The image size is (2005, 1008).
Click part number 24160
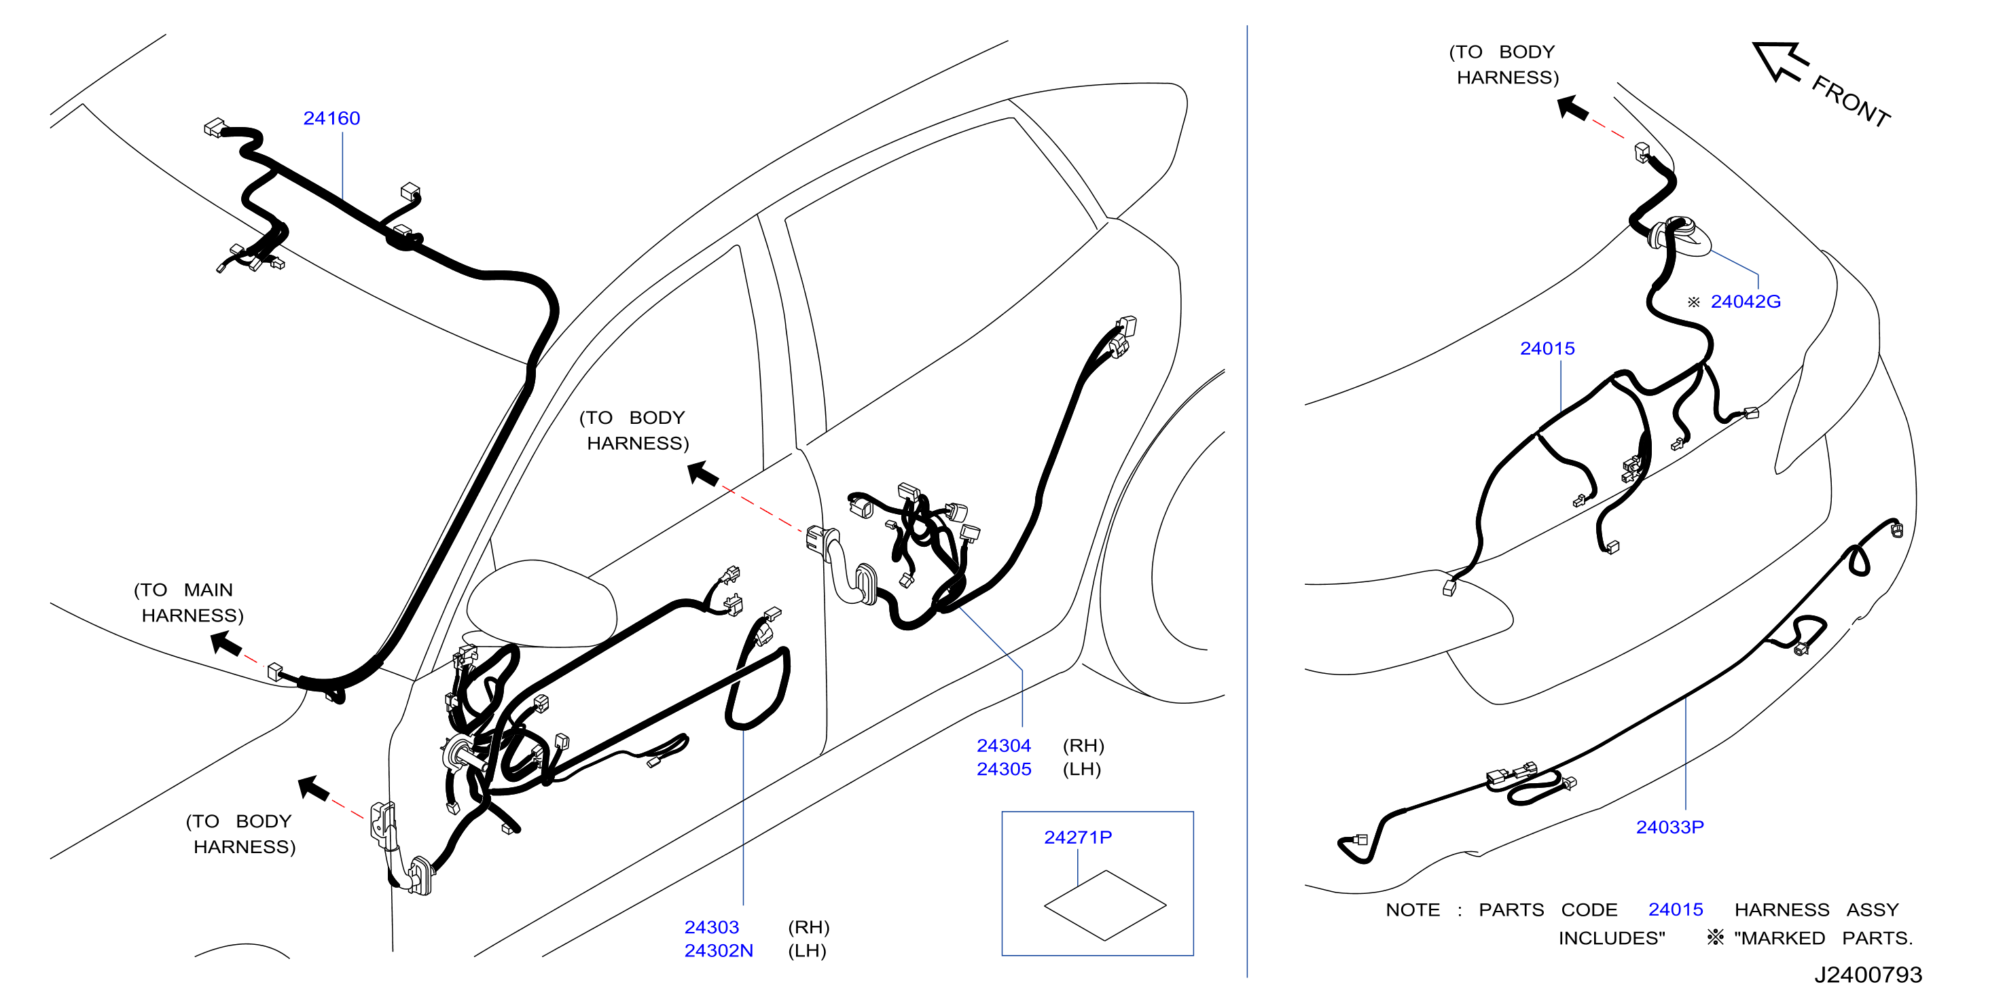[x=331, y=118]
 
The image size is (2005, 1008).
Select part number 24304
[x=1004, y=746]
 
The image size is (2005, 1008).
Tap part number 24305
[x=1004, y=769]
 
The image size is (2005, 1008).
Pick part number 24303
[x=711, y=927]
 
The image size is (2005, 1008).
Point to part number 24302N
[x=719, y=950]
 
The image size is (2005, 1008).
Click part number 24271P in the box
[x=1078, y=838]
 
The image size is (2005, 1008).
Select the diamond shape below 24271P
[x=1105, y=905]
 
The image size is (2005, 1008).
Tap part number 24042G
[x=1746, y=301]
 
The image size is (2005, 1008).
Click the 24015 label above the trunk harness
[x=1547, y=348]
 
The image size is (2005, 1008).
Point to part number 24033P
[x=1669, y=827]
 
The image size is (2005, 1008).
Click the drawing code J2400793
[x=1868, y=975]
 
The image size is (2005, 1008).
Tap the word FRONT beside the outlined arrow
[x=1851, y=102]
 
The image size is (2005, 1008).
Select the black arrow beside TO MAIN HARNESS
[x=226, y=644]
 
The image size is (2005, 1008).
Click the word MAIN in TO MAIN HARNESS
[x=208, y=590]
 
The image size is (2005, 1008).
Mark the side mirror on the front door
[x=541, y=603]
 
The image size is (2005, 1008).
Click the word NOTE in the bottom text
[x=1413, y=910]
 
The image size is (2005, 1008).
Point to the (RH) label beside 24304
[x=1083, y=746]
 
